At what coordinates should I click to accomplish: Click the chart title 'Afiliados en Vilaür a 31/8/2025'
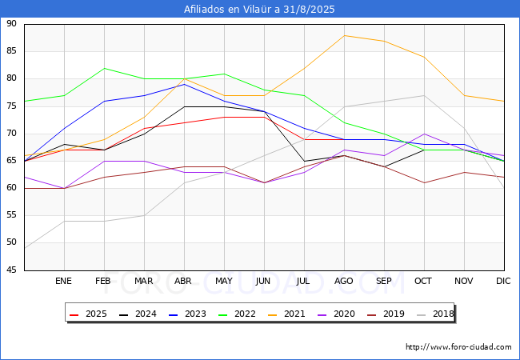259,10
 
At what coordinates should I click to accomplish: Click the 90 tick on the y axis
11,24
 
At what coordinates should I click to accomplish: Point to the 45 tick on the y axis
11,270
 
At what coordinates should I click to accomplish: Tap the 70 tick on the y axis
11,134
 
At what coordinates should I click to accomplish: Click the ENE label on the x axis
64,282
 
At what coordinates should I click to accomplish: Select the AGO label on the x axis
344,282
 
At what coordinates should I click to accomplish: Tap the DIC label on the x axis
503,282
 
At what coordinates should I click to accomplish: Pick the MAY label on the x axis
224,282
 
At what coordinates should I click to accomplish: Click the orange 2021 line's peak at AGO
344,35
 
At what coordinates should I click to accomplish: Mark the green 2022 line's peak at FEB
104,68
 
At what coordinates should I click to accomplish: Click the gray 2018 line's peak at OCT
424,95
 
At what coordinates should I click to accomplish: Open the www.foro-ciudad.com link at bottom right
458,347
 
